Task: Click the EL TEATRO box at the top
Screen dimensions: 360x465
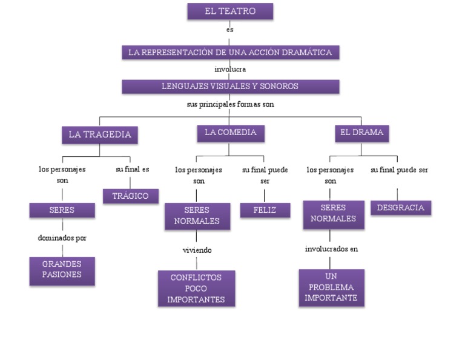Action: [x=229, y=12]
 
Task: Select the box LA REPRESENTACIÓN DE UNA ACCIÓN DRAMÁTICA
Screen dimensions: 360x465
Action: [x=229, y=53]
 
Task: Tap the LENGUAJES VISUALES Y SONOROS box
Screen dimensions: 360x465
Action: [x=229, y=87]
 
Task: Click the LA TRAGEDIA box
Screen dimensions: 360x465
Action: [x=100, y=135]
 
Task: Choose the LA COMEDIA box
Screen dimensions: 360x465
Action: [x=230, y=133]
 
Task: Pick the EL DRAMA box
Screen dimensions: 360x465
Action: [x=361, y=133]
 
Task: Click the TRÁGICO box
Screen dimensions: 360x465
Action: [x=130, y=196]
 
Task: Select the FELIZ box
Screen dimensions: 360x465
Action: [x=265, y=210]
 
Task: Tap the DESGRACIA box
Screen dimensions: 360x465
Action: [x=400, y=208]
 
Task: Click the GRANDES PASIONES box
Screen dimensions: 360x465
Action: [x=62, y=269]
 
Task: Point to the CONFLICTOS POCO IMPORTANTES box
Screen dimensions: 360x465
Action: [x=196, y=288]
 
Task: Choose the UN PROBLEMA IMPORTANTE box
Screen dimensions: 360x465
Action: [x=331, y=287]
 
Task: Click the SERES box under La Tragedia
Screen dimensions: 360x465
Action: [x=62, y=210]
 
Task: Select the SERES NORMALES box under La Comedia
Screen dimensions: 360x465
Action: [x=197, y=216]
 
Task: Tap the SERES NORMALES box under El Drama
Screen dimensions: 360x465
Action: [x=333, y=214]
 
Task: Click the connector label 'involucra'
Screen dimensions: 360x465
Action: [x=230, y=69]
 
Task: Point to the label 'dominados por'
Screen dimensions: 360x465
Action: [x=62, y=238]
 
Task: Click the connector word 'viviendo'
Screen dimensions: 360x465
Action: [x=197, y=250]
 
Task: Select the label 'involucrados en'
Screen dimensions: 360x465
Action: [x=331, y=248]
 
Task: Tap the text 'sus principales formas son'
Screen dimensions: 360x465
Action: [x=230, y=104]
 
